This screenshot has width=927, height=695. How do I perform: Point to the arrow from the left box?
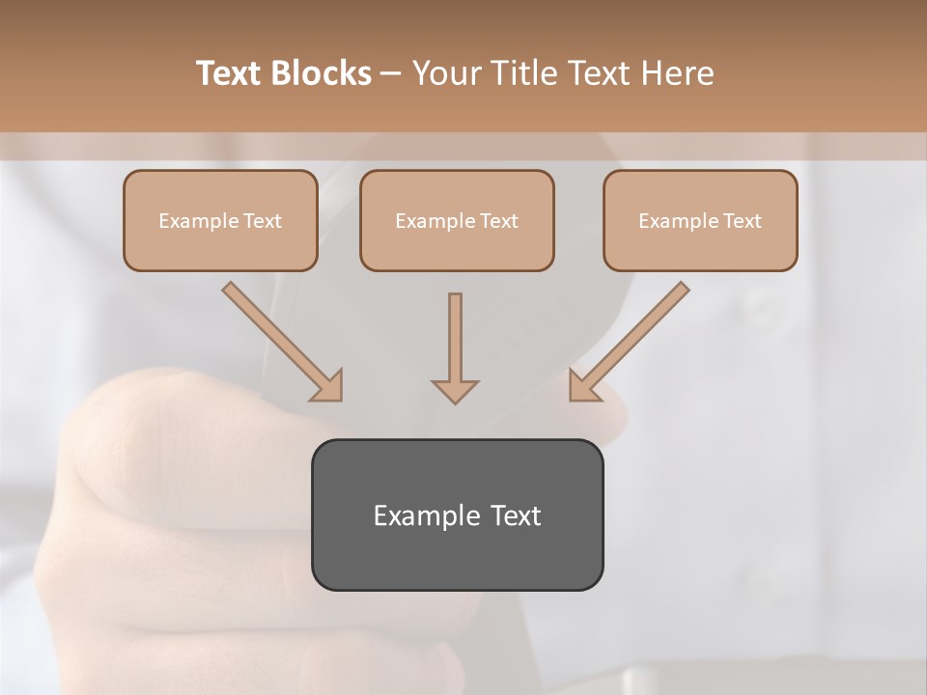tap(280, 340)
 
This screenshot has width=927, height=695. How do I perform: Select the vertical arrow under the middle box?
tap(455, 343)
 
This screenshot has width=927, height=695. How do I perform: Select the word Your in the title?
tap(447, 72)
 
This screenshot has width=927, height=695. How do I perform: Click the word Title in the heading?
tap(524, 72)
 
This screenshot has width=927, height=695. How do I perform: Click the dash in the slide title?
tap(391, 73)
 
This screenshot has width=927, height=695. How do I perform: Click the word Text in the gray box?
tap(516, 515)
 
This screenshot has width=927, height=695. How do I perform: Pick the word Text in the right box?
tap(743, 221)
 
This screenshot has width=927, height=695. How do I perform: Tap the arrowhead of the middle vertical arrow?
tap(455, 391)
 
